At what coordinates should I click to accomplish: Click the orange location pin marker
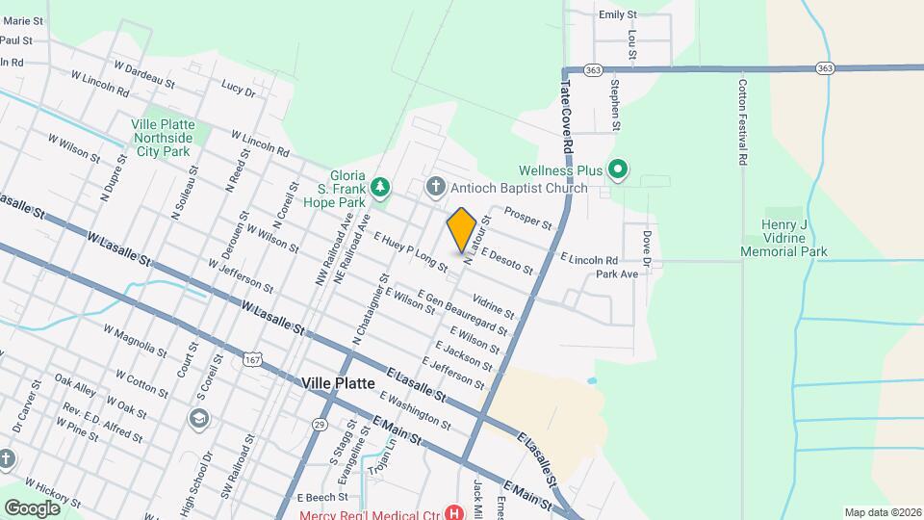(x=461, y=230)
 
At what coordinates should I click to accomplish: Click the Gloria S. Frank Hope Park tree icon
(x=381, y=187)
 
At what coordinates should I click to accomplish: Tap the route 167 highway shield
(x=252, y=359)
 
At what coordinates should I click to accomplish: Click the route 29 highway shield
(x=320, y=424)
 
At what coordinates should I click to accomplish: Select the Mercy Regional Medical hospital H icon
(x=449, y=514)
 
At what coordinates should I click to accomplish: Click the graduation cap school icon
(x=199, y=417)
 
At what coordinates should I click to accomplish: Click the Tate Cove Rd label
(x=567, y=113)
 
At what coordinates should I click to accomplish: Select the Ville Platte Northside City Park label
(x=164, y=138)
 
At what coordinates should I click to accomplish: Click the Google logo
(x=32, y=507)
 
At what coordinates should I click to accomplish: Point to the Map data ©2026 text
(x=882, y=512)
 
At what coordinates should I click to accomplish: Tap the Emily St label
(x=618, y=14)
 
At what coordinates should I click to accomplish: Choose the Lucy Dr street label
(x=238, y=89)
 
